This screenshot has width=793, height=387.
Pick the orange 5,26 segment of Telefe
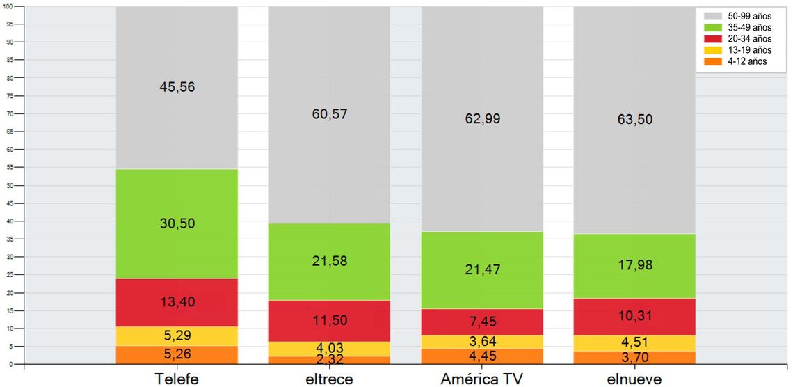coord(177,355)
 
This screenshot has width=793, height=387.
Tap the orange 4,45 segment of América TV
coord(482,356)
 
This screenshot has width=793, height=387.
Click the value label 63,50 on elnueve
coord(634,118)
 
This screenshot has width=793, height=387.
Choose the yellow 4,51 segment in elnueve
coord(634,342)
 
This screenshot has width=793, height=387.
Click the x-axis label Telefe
coord(177,379)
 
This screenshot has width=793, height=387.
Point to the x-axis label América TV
coord(482,379)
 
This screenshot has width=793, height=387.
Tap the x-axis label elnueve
coord(634,379)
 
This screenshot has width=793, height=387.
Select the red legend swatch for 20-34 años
coord(712,38)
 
